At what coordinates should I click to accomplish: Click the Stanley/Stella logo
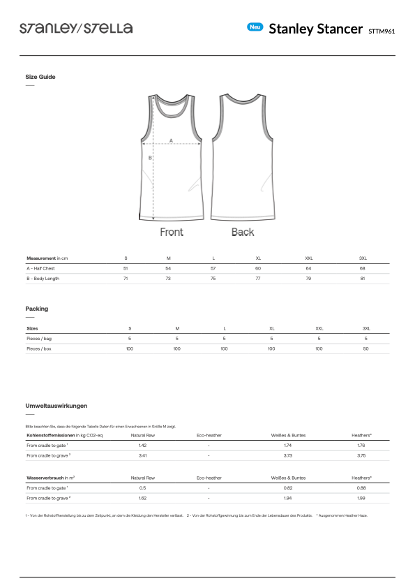pos(76,28)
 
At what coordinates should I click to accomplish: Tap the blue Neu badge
pos(255,27)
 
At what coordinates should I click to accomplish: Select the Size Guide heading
pos(40,77)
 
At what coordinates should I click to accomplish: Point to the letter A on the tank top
pos(172,140)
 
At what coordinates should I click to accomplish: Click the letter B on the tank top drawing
pos(150,158)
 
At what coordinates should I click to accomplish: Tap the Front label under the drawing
pos(172,232)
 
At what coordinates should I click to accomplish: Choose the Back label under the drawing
pos(243,232)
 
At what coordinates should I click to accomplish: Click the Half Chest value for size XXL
pos(308,268)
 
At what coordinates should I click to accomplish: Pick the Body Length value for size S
pos(126,279)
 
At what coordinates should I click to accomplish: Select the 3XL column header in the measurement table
pos(363,258)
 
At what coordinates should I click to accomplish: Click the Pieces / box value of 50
pos(366,348)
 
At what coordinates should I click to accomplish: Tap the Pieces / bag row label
pos(39,338)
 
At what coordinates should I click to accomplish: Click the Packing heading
pos(37,309)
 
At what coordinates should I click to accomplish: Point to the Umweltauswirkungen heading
pos(56,406)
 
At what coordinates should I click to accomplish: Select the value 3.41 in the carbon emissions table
pos(142,455)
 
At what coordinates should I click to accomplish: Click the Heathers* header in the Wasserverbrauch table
pos(361,478)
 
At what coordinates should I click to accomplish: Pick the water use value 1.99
pos(361,498)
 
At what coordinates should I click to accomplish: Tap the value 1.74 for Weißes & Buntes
pos(288,445)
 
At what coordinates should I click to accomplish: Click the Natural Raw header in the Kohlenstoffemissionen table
pos(142,435)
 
